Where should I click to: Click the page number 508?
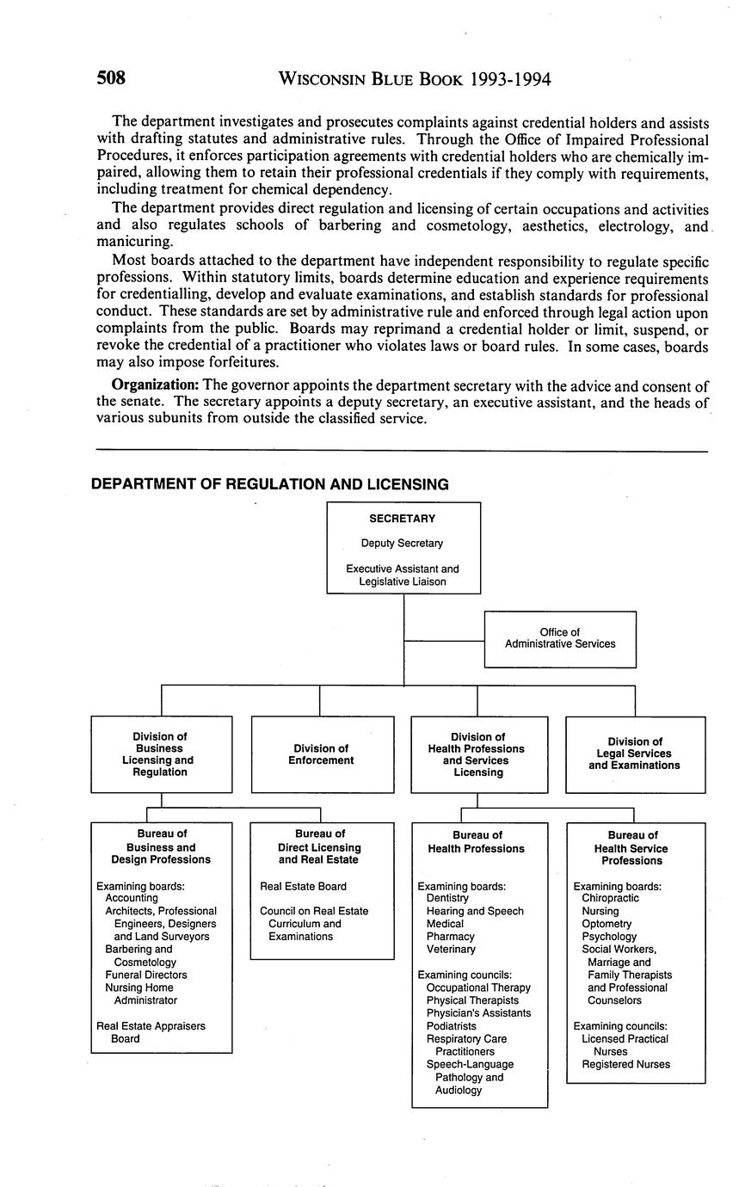(111, 79)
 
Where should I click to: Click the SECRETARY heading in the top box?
(402, 519)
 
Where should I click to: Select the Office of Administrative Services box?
(560, 638)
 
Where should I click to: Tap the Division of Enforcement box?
(321, 754)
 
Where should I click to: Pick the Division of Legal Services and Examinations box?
(634, 753)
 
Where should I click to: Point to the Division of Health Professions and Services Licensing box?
(478, 754)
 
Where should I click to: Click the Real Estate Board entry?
(303, 886)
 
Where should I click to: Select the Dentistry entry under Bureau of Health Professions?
(447, 898)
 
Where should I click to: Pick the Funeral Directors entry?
(145, 975)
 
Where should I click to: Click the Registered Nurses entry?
(625, 1064)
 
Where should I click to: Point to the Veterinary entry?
(450, 949)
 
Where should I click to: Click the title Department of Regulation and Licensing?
(270, 485)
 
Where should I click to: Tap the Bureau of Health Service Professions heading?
(632, 847)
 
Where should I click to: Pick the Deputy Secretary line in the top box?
(402, 544)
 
